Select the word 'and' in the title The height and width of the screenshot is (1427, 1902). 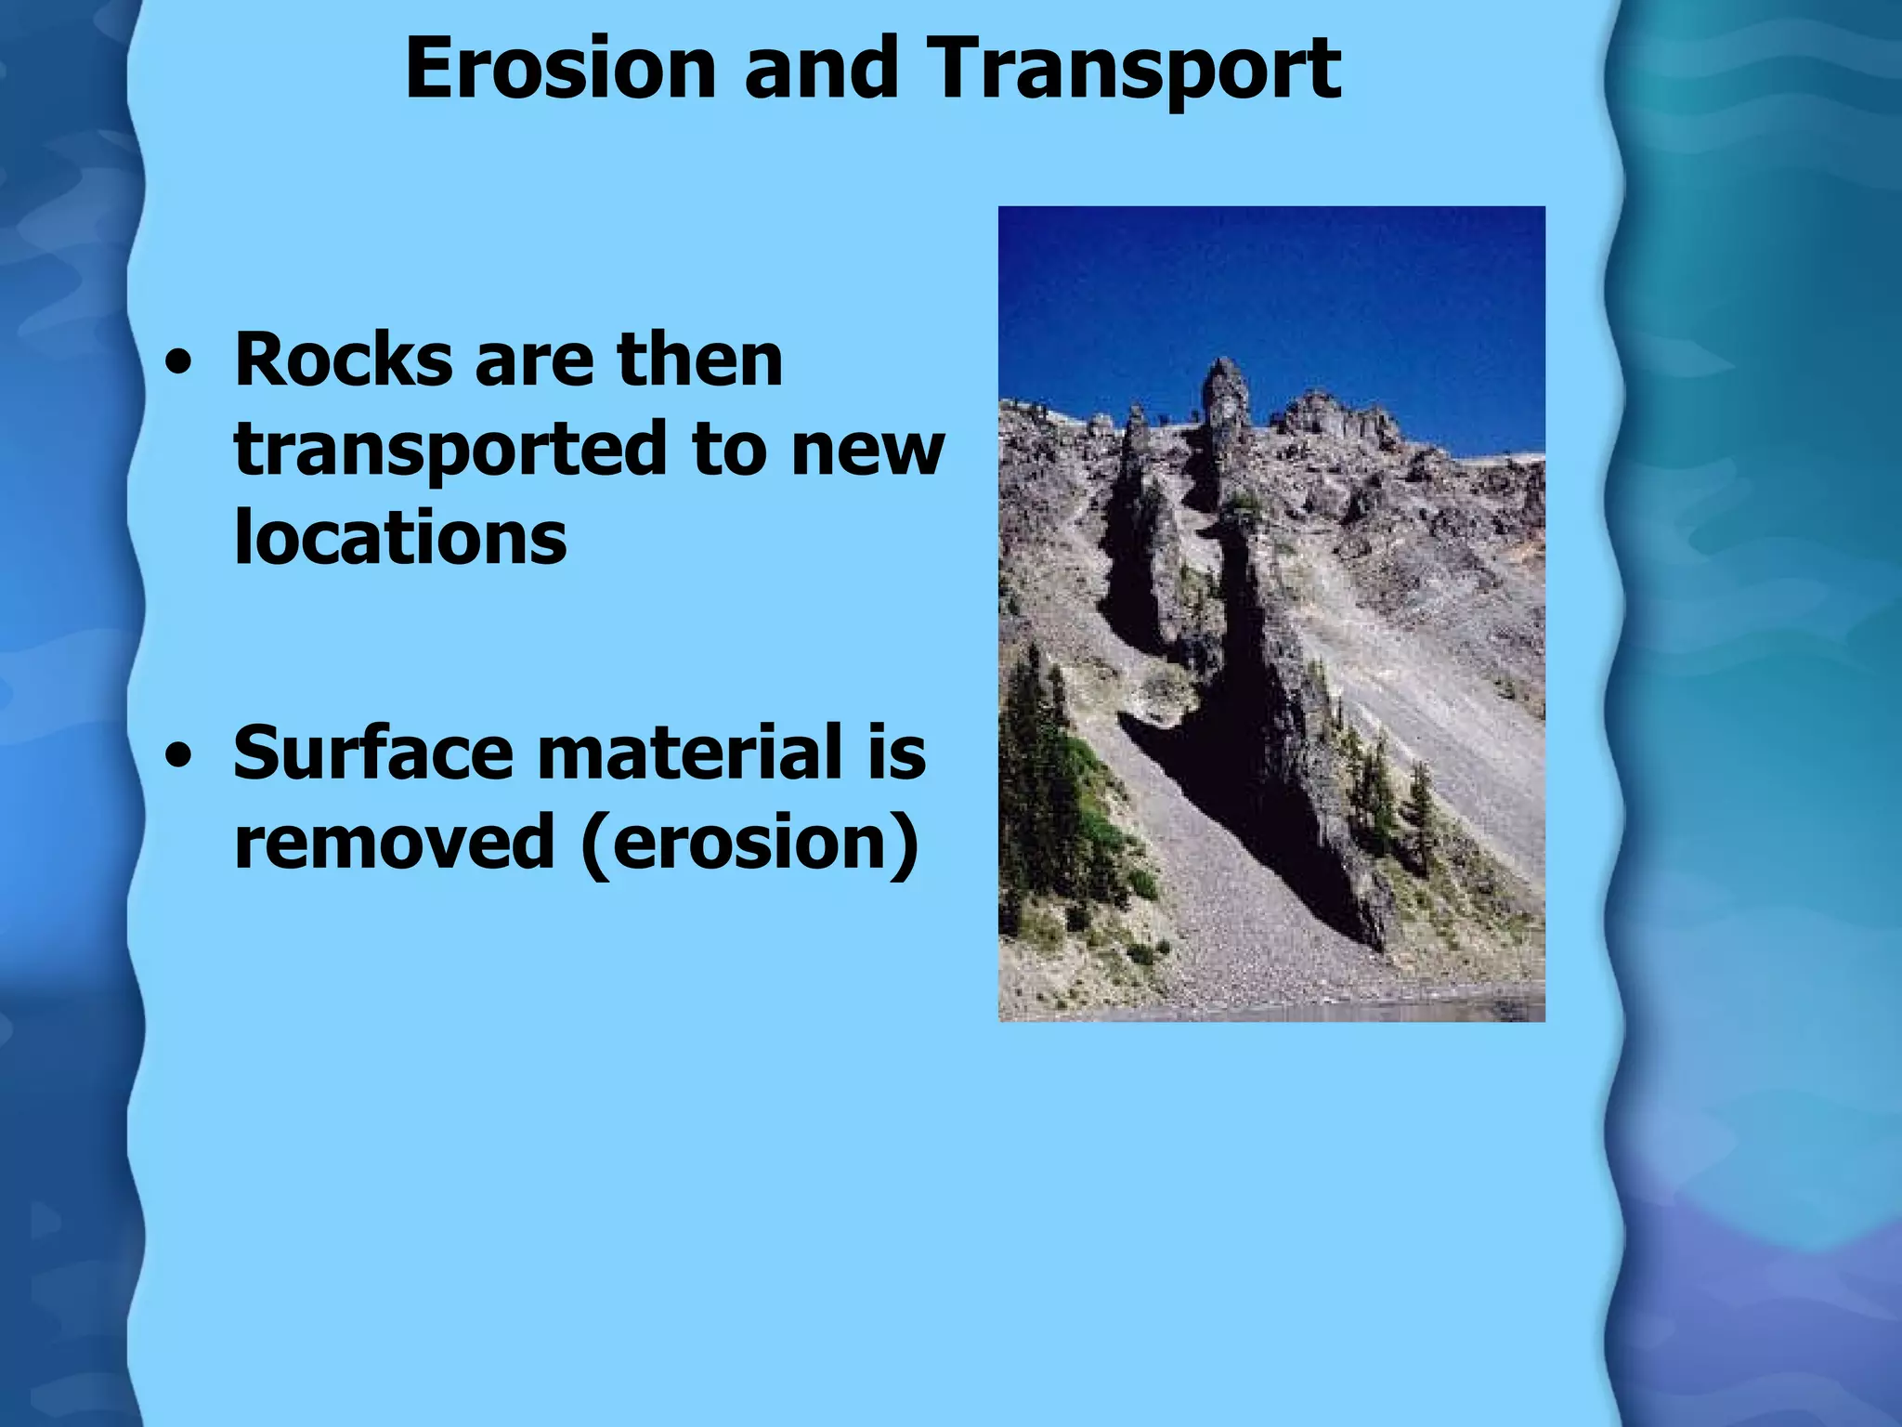[820, 69]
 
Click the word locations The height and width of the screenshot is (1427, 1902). [400, 539]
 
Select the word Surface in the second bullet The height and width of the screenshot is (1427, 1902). [372, 753]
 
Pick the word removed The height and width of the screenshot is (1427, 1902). [394, 842]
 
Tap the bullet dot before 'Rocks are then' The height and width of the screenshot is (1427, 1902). [176, 364]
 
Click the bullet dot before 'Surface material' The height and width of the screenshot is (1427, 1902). [176, 756]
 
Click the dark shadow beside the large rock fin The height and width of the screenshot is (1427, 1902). [1235, 780]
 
